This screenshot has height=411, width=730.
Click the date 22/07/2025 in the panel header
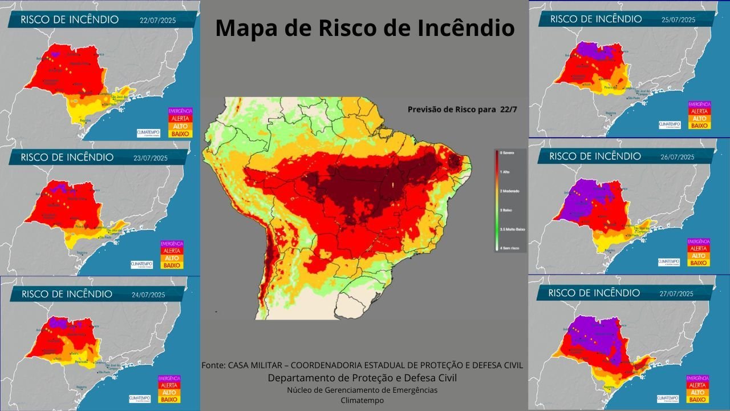[157, 21]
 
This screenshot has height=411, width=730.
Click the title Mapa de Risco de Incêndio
[365, 28]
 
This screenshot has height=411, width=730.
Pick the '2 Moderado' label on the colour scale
[510, 190]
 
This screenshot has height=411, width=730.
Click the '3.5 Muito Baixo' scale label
[512, 228]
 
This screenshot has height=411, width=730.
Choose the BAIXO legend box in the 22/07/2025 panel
[180, 134]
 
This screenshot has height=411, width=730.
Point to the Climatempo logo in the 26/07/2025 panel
[668, 261]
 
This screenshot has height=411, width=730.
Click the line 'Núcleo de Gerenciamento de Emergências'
[362, 390]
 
